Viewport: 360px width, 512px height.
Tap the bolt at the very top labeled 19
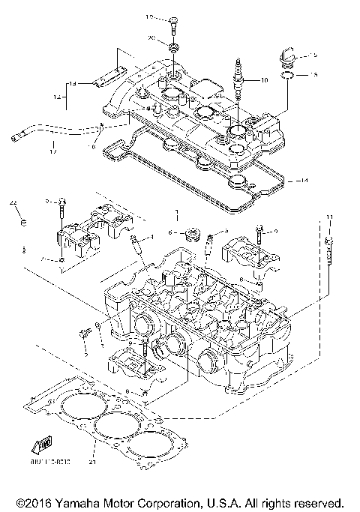point(174,21)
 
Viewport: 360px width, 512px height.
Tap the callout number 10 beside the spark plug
point(263,79)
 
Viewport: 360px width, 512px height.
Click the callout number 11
point(328,217)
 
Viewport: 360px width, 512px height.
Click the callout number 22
point(13,202)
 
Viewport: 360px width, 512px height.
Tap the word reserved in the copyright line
point(319,502)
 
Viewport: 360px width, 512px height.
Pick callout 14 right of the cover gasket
point(302,181)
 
